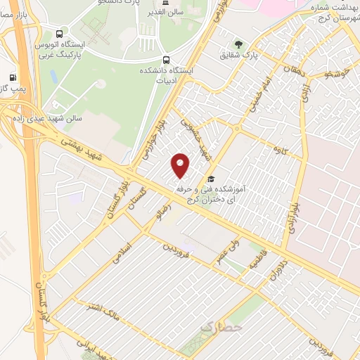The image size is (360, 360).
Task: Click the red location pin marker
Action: [181, 165]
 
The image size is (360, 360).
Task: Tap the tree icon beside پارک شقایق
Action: [238, 44]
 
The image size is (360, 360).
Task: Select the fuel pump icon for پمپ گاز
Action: [12, 77]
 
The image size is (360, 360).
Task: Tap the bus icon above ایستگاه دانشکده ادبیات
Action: [166, 60]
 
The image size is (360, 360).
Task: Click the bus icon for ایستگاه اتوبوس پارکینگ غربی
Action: [60, 32]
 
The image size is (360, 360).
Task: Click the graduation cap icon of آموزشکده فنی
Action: [212, 179]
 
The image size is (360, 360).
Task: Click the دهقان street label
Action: [289, 72]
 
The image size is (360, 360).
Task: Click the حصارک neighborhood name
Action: [221, 327]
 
